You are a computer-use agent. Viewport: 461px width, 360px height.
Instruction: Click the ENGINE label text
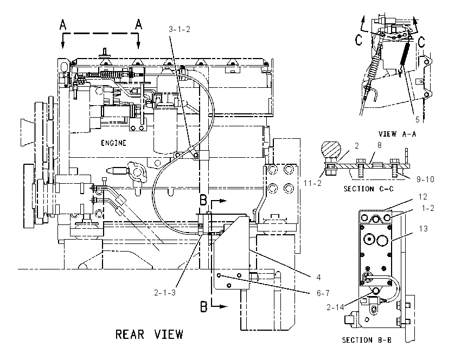coord(113,143)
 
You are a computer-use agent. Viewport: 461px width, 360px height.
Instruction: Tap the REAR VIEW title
coord(149,335)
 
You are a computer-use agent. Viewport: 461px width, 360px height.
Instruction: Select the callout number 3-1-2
coord(180,29)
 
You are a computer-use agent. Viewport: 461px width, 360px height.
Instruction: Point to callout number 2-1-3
coord(165,293)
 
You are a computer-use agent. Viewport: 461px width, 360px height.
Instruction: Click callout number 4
coord(318,277)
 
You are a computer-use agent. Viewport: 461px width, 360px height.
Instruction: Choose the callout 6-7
coord(323,293)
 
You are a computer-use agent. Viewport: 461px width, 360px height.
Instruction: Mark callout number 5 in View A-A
coord(417,120)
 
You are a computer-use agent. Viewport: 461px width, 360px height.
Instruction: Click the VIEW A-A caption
coord(397,134)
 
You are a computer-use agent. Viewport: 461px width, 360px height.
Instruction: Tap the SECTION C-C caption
coord(368,189)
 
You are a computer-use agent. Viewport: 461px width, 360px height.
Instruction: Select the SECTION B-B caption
coord(367,340)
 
